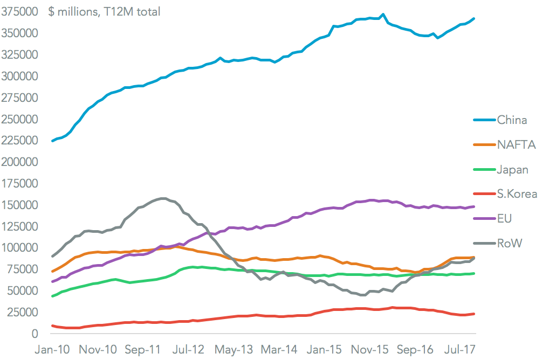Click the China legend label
512,120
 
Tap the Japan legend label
513,170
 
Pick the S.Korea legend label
517,195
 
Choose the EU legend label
505,219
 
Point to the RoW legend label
510,244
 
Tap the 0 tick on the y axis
34,334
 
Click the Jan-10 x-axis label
52,350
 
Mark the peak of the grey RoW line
163,198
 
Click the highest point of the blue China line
382,15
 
